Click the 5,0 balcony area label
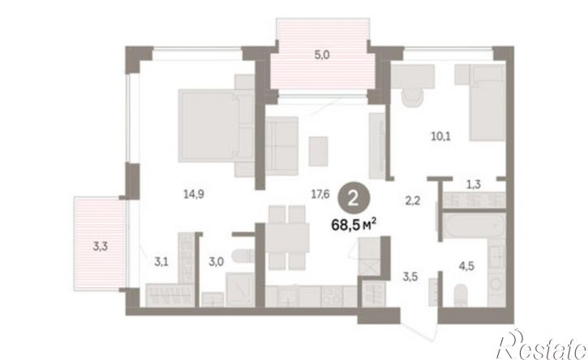pos(322,55)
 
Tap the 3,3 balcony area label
pos(101,246)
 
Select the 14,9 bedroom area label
pos(194,194)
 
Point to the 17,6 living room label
pos(320,194)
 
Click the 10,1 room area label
pos(440,136)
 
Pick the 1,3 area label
pos(474,185)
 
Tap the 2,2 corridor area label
pos(413,201)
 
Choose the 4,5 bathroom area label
pos(466,266)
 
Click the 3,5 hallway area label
pos(410,277)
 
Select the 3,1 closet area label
pos(161,261)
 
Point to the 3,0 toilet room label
pos(216,261)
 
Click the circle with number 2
pos(354,199)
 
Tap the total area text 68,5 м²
pos(354,225)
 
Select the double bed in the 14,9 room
pos(217,126)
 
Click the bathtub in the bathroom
pos(474,225)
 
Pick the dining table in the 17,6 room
pos(287,238)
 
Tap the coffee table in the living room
pos(319,151)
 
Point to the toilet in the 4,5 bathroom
pos(461,295)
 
